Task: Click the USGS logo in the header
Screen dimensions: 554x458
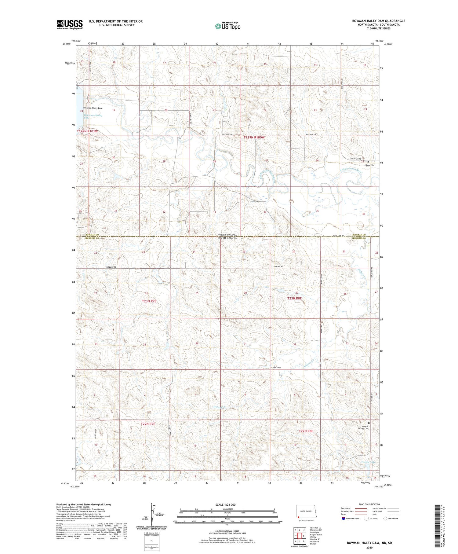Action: click(x=70, y=24)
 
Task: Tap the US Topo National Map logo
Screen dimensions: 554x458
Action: click(x=227, y=26)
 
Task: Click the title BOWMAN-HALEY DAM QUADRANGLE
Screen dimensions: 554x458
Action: click(x=379, y=21)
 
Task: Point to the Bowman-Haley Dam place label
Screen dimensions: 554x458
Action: click(x=93, y=108)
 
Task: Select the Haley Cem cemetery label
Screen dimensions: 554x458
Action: click(x=370, y=165)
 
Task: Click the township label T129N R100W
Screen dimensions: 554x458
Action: click(x=254, y=138)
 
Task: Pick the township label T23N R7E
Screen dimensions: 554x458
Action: click(x=149, y=301)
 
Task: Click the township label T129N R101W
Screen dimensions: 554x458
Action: click(x=87, y=131)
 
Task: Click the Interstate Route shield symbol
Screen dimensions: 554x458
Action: click(x=343, y=518)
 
